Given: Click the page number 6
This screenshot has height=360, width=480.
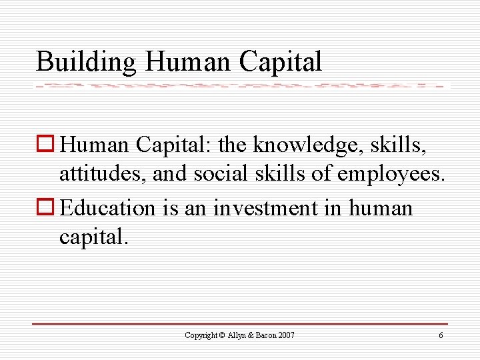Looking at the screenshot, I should [441, 335].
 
